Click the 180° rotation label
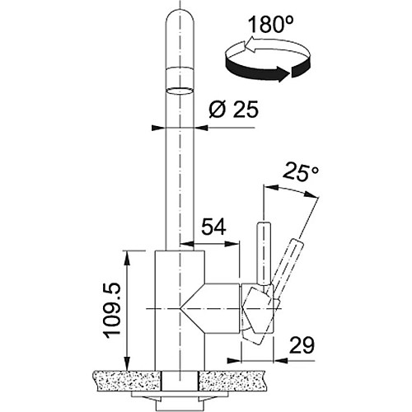tap(271, 24)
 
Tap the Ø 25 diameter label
tap(234, 110)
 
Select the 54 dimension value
tap(213, 227)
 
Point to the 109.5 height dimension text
tap(112, 311)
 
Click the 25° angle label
tap(301, 171)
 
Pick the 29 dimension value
tap(302, 345)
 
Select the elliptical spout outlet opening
tap(180, 91)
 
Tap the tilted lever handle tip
tap(297, 243)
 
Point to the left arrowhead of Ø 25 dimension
tap(158, 128)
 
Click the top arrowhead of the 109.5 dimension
tap(127, 258)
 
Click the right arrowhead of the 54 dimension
tap(232, 243)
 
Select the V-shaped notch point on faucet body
tap(180, 309)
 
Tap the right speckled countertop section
tap(232, 381)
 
